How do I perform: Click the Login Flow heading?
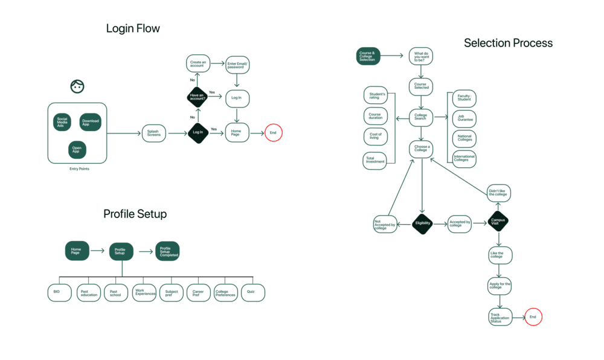(133, 28)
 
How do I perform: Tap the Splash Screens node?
(154, 133)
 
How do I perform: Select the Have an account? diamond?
(198, 97)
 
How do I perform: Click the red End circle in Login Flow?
(274, 133)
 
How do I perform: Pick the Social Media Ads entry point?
(62, 122)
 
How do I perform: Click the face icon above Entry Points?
(77, 86)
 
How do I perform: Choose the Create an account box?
(198, 63)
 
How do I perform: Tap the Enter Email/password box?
(237, 65)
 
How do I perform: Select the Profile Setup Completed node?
(168, 251)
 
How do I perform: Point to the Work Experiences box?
(144, 292)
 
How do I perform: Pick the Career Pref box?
(198, 293)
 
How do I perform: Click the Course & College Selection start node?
(368, 56)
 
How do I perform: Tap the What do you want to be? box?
(421, 56)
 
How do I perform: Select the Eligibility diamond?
(423, 223)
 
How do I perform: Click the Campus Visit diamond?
(498, 221)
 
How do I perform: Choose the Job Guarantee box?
(464, 118)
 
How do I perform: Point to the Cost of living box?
(375, 137)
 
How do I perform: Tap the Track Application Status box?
(500, 317)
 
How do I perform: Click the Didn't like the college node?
(499, 193)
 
